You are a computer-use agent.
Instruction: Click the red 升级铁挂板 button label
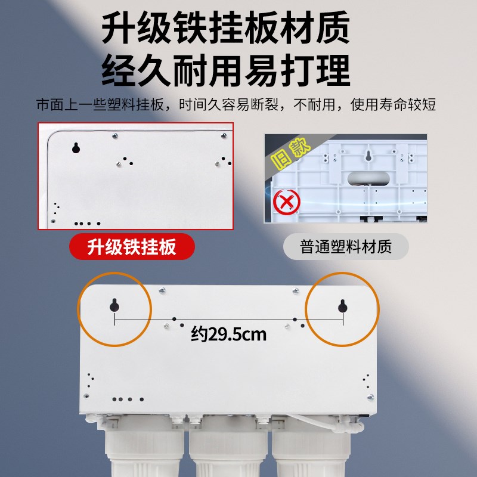(132, 246)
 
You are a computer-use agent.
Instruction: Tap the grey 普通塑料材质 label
(346, 247)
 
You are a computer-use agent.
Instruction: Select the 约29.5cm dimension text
(228, 334)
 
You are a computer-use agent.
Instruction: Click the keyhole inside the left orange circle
(114, 306)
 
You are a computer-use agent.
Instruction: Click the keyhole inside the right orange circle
(342, 306)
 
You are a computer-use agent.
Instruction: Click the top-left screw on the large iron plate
(162, 290)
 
